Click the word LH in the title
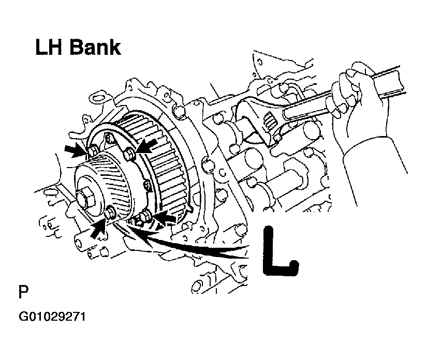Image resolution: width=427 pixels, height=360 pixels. pyautogui.click(x=50, y=48)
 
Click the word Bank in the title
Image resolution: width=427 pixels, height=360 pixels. pyautogui.click(x=95, y=48)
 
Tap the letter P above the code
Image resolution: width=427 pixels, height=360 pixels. pyautogui.click(x=23, y=291)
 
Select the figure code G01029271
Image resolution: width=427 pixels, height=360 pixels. pyautogui.click(x=52, y=317)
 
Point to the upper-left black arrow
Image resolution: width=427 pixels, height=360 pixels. pyautogui.click(x=75, y=151)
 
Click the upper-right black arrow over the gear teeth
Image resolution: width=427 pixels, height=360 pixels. pyautogui.click(x=147, y=145)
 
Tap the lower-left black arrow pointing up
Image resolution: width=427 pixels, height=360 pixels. pyautogui.click(x=98, y=229)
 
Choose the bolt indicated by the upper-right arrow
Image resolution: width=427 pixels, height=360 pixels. pyautogui.click(x=129, y=154)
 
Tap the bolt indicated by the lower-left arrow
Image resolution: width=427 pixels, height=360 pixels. pyautogui.click(x=110, y=212)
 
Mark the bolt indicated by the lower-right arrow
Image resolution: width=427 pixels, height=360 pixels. pyautogui.click(x=145, y=216)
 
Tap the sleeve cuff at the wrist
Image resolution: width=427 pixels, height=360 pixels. pyautogui.click(x=373, y=153)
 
